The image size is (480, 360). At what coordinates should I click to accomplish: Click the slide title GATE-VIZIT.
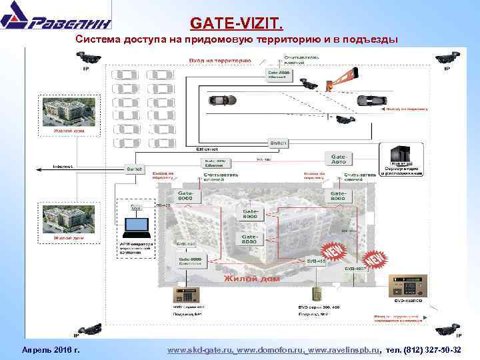point(237,25)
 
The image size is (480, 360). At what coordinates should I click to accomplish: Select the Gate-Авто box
point(338,159)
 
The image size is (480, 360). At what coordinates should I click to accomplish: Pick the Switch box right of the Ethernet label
point(277,143)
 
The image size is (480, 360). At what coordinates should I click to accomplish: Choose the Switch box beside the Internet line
point(135,169)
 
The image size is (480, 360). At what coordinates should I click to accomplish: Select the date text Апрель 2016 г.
point(51,350)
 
